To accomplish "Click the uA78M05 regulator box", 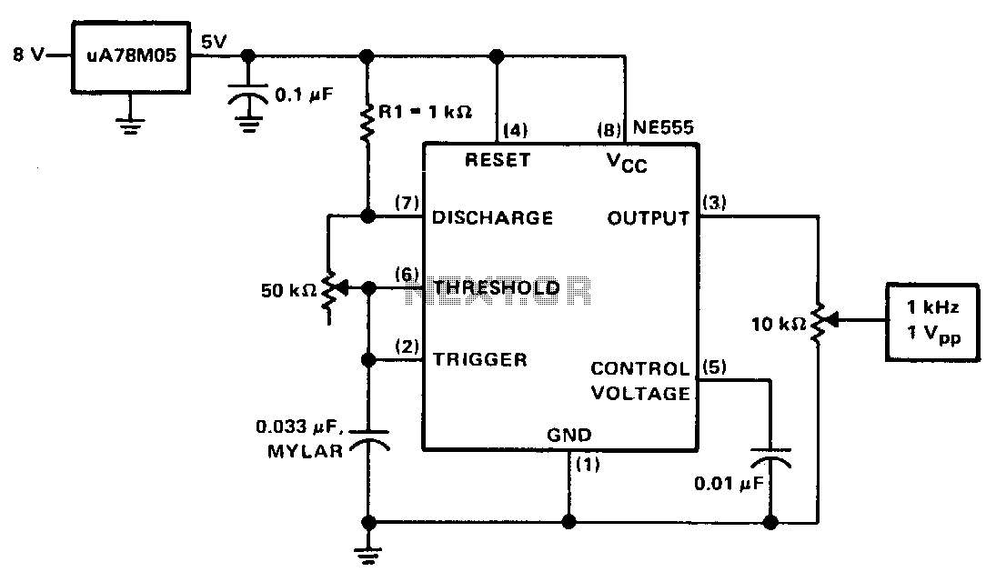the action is (131, 58).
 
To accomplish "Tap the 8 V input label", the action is (28, 55).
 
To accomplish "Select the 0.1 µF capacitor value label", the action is (304, 95).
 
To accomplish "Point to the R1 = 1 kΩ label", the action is (425, 113).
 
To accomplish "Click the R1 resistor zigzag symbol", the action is (367, 122).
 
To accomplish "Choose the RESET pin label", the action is (498, 160).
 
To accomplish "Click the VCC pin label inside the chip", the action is (627, 163).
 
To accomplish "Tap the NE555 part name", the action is (663, 127).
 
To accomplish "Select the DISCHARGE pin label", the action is (492, 218).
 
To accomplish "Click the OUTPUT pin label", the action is (648, 218).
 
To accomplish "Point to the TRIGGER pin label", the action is (479, 359).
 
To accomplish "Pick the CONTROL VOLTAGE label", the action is (640, 381).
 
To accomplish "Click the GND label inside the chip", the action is (569, 436).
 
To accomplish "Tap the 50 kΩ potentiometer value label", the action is (289, 291).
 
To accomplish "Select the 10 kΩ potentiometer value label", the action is (779, 325).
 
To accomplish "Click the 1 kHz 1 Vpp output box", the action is (932, 323).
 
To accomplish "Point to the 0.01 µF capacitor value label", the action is (729, 484).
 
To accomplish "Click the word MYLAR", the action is (305, 452).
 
